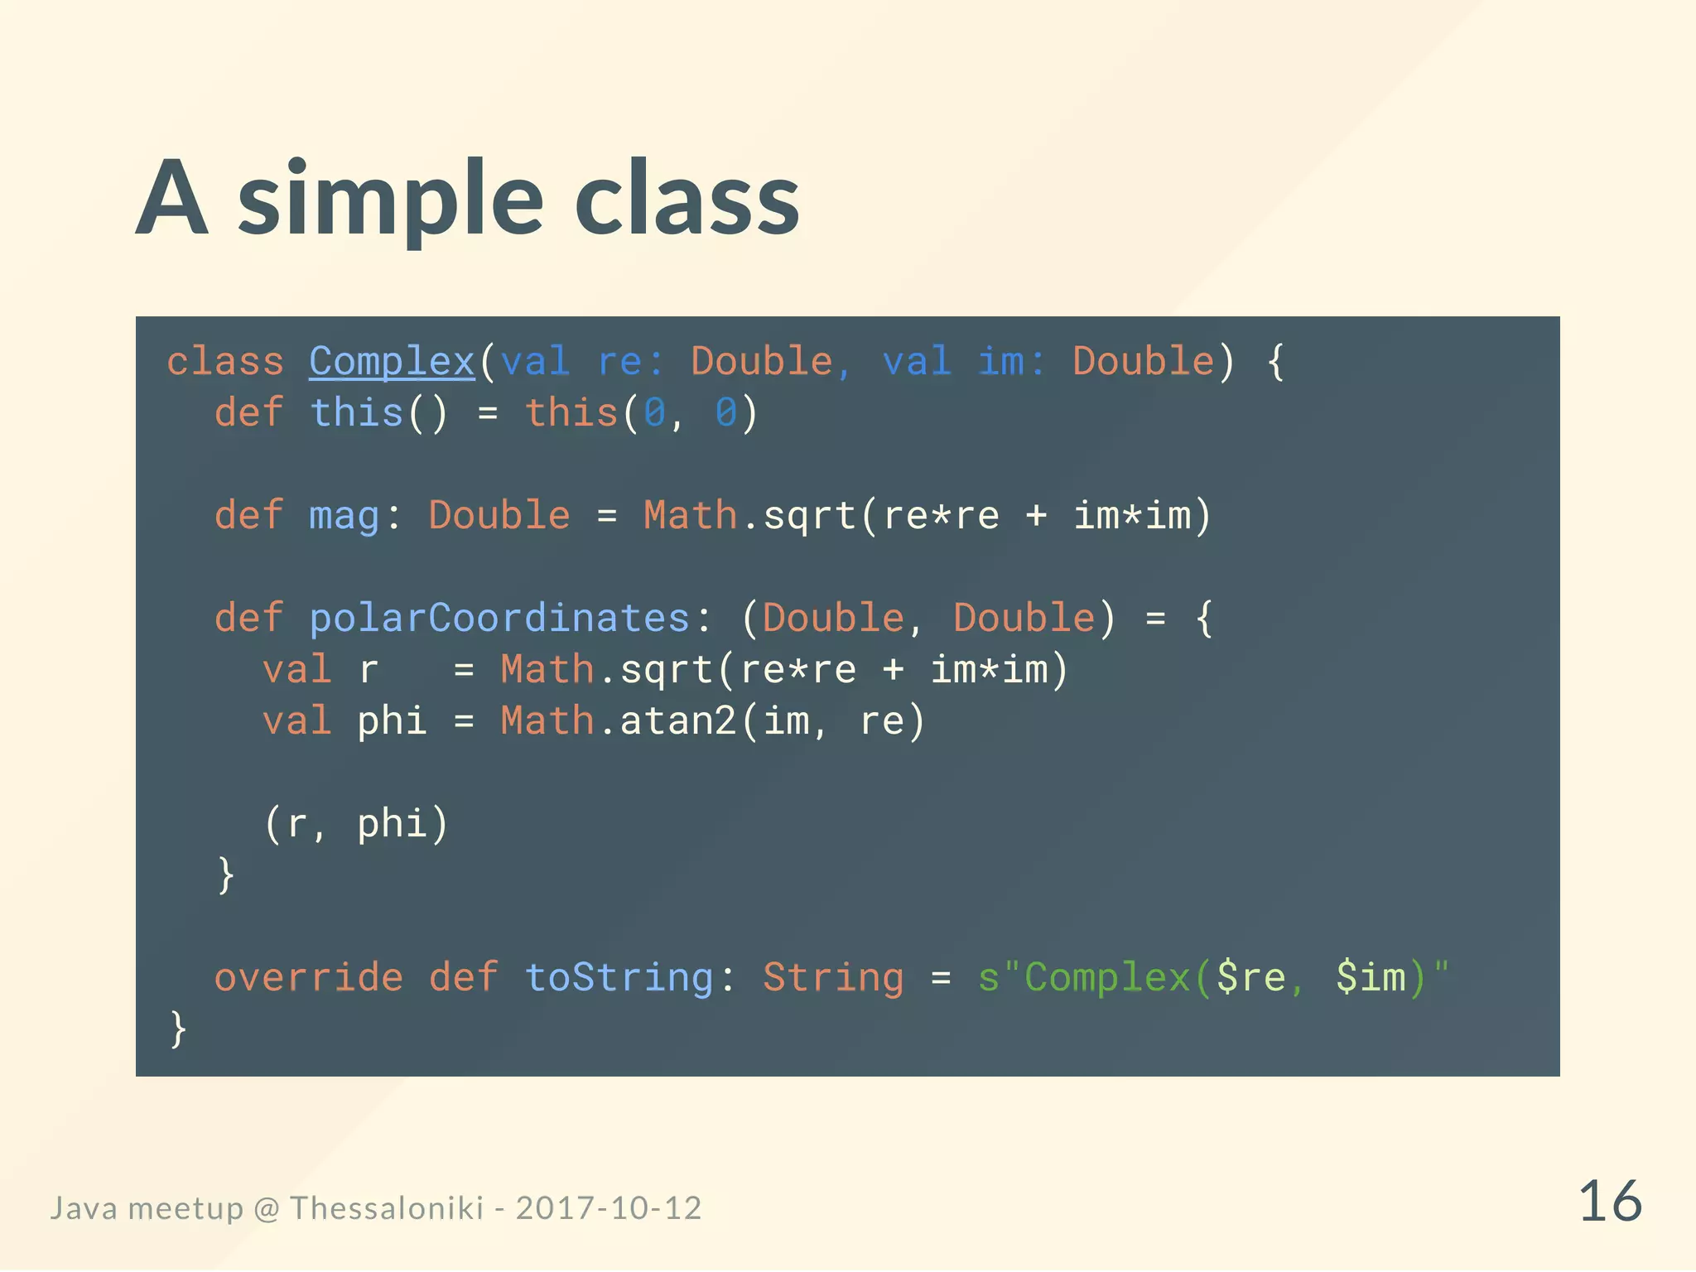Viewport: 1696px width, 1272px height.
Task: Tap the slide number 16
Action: coord(1610,1202)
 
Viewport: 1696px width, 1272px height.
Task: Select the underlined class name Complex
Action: coord(392,363)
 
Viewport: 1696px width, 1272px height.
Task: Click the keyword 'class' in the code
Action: coord(225,363)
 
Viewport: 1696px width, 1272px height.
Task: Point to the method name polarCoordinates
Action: coord(499,619)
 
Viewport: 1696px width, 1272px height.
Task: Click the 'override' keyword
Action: coord(309,978)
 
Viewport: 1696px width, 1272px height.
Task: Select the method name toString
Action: coord(619,978)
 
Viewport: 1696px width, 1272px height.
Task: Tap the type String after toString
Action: coord(833,978)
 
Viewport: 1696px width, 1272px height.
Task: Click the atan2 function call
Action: coord(678,721)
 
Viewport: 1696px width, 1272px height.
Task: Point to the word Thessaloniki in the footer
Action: coord(387,1208)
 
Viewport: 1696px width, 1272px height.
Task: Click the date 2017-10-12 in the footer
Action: coord(609,1208)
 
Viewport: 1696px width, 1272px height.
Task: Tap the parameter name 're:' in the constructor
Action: coord(629,363)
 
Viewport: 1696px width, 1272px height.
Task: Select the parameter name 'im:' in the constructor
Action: coord(1010,363)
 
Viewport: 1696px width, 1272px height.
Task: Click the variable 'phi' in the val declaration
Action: coord(392,721)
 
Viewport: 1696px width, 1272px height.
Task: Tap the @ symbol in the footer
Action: coord(267,1209)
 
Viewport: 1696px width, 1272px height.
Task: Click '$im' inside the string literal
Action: coord(1371,978)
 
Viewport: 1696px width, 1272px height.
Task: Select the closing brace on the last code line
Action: coord(178,1029)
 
